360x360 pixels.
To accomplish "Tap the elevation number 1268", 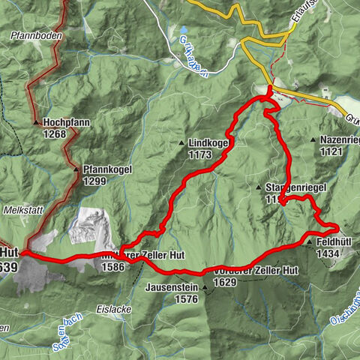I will (55, 134).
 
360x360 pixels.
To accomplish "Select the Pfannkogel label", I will (108, 169).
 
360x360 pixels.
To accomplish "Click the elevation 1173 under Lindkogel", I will (199, 154).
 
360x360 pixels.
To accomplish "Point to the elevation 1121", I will (330, 151).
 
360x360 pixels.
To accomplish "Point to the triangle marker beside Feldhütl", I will (308, 242).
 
